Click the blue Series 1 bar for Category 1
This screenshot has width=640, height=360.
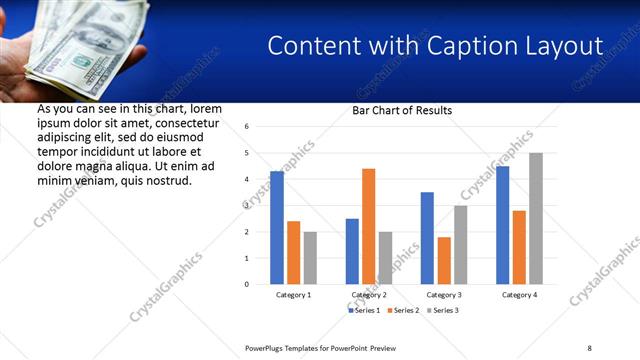click(277, 228)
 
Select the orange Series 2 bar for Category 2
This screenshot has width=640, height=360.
click(368, 226)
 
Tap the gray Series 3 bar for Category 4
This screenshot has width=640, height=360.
click(536, 218)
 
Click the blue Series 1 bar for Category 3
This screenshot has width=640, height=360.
click(427, 238)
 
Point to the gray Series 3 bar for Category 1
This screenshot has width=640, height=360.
click(310, 258)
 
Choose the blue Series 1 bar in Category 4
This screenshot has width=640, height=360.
click(502, 225)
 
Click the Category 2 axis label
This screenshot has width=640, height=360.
click(368, 295)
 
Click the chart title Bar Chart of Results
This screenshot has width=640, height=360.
click(402, 110)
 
